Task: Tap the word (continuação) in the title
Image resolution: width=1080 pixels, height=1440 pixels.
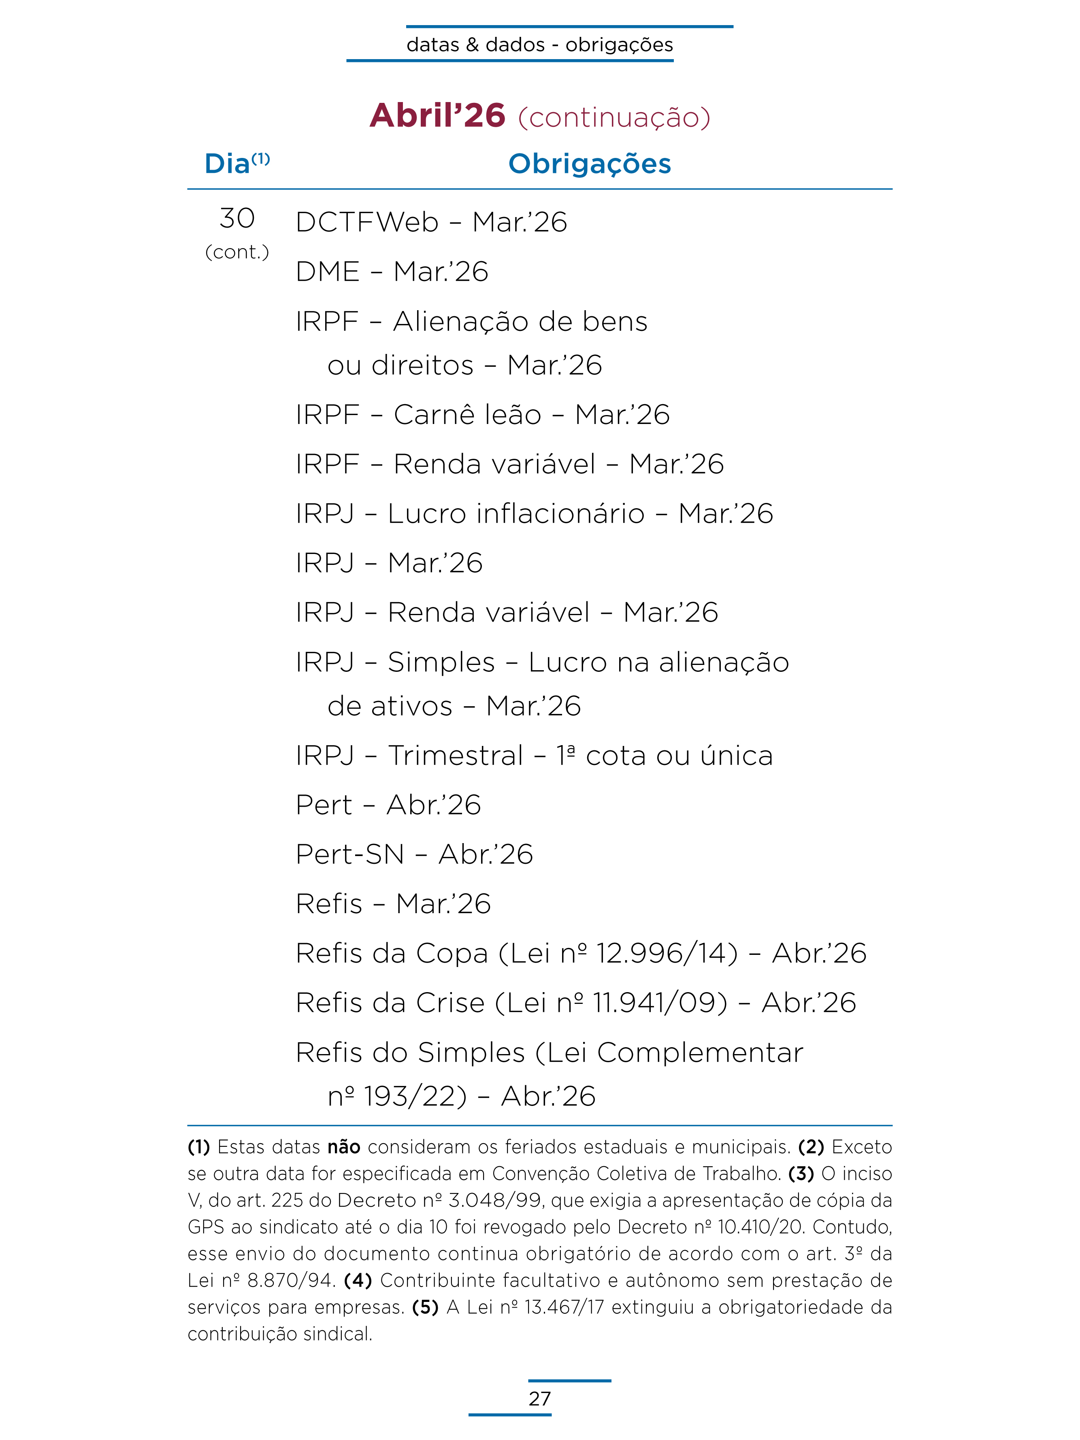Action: pos(614,118)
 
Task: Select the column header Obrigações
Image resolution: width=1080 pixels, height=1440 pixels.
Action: pos(589,164)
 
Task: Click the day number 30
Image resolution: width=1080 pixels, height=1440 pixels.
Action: pos(237,219)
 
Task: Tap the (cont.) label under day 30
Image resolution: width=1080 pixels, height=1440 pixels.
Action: pos(237,252)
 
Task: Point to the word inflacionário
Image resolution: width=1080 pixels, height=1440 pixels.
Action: pos(516,513)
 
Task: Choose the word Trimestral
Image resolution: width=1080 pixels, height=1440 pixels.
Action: pos(456,756)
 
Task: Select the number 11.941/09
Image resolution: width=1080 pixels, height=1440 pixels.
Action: pos(659,1003)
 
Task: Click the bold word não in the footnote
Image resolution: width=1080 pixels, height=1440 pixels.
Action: pos(344,1147)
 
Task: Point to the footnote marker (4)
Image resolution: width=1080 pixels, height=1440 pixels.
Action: pos(358,1280)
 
